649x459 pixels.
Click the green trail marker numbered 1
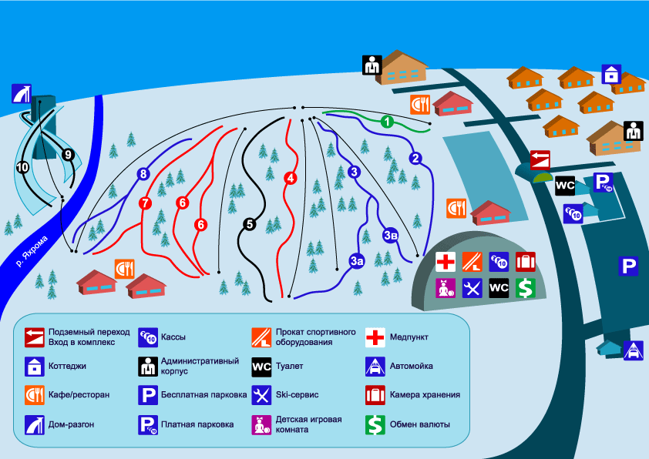(x=388, y=121)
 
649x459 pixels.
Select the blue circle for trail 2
(x=415, y=159)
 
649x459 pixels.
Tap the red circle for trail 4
(x=291, y=178)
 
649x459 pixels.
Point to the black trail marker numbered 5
(x=248, y=224)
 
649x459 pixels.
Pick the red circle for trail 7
(x=144, y=204)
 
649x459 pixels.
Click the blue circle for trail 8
(x=143, y=174)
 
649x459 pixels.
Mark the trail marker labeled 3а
(x=356, y=261)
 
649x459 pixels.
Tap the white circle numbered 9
(x=69, y=155)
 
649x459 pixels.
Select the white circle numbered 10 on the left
(x=22, y=166)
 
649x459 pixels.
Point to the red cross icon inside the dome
(x=446, y=262)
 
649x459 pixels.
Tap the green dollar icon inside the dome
(x=526, y=288)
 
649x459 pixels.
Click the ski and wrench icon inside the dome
(x=472, y=288)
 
